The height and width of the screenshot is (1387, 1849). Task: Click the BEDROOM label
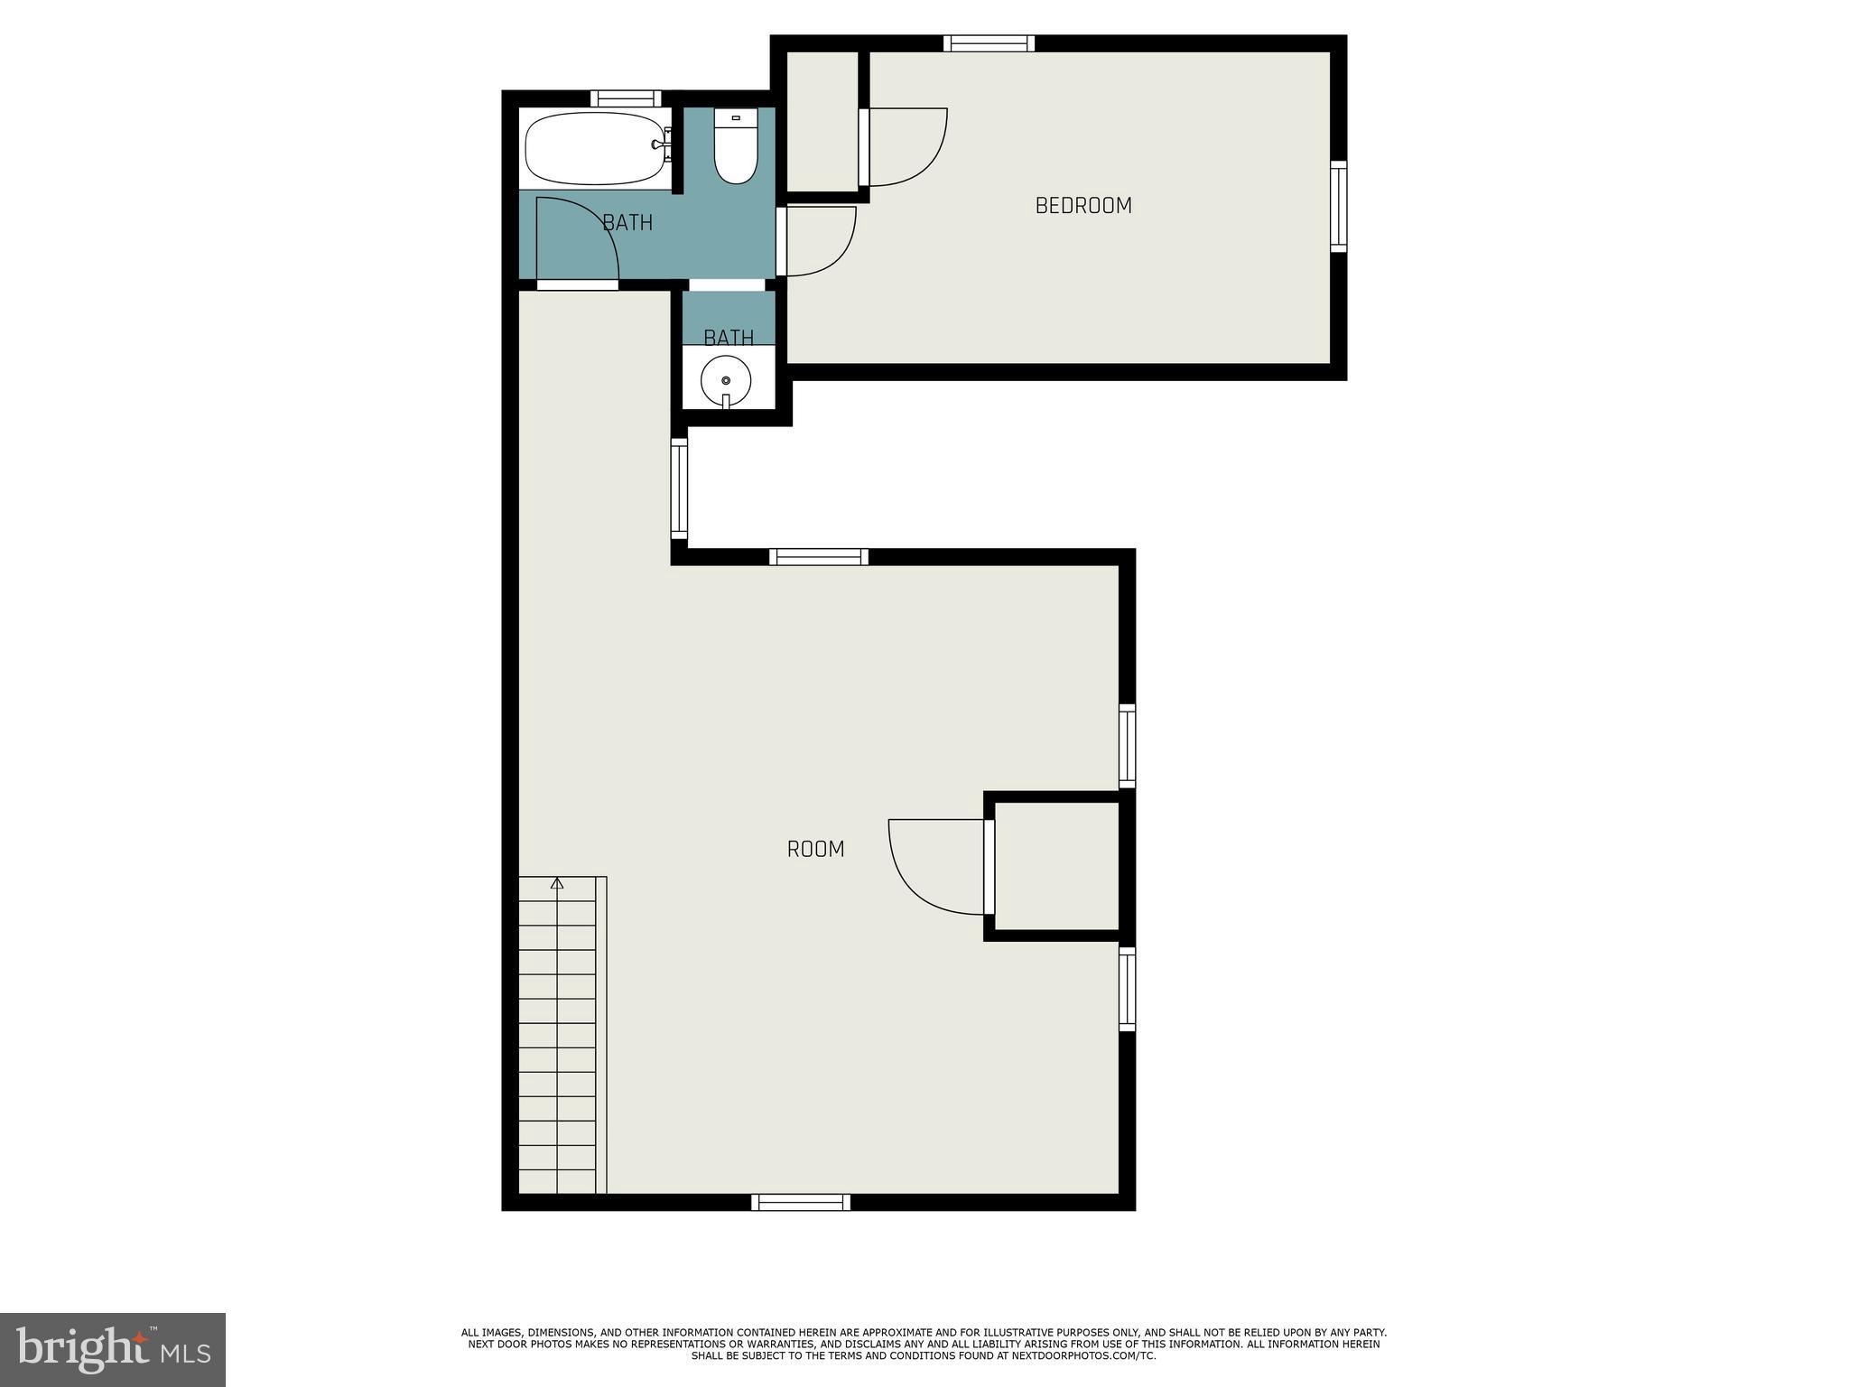pos(1082,206)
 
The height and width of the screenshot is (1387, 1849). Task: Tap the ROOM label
pos(815,849)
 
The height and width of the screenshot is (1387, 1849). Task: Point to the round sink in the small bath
pos(726,380)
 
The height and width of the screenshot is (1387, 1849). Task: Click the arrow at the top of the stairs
pos(557,883)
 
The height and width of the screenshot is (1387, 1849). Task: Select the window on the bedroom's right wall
pos(1338,207)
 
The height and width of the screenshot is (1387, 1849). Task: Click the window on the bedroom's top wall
pos(989,43)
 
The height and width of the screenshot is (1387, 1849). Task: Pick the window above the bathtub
pos(626,98)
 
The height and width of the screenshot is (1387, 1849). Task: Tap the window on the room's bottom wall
pos(801,1202)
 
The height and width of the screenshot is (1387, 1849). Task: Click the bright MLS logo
pos(112,1349)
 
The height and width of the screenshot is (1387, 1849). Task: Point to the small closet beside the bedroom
pos(822,121)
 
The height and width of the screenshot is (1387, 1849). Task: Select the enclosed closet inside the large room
pos(1056,866)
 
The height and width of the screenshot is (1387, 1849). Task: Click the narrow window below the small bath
pos(679,489)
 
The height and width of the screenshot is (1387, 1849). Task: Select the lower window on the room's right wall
pos(1127,989)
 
